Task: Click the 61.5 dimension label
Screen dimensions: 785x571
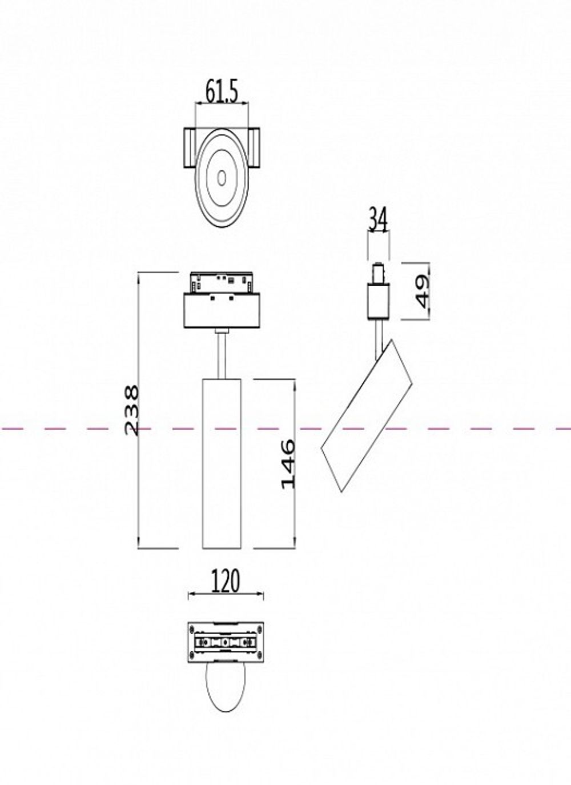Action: click(x=222, y=91)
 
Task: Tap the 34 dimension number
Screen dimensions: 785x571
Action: click(x=377, y=220)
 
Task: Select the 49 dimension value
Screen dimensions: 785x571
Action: click(x=422, y=291)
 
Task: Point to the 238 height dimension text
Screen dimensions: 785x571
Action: click(x=131, y=410)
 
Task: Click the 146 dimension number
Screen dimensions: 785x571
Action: click(x=288, y=463)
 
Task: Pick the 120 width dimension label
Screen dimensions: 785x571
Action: click(x=226, y=581)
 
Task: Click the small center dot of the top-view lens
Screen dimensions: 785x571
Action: click(x=222, y=177)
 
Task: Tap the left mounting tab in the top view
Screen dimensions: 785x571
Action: click(x=189, y=148)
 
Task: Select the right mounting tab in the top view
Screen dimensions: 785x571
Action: click(x=255, y=148)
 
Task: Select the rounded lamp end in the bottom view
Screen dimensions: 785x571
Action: click(x=226, y=688)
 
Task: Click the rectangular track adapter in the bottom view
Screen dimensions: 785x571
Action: click(x=226, y=643)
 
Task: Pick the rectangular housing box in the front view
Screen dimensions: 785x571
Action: click(x=222, y=311)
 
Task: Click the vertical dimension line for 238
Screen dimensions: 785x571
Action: click(x=140, y=486)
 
